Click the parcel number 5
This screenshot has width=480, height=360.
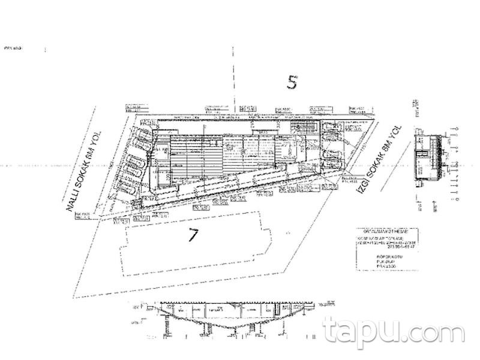click(292, 82)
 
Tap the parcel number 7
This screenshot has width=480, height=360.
click(193, 236)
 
